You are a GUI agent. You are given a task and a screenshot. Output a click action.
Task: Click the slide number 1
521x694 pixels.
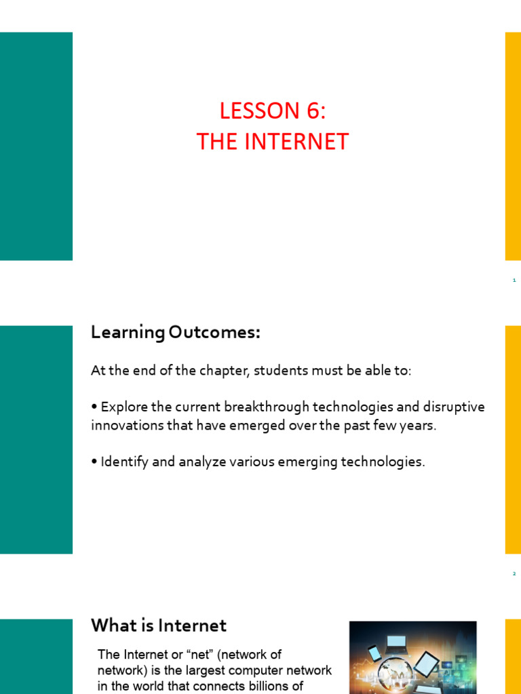click(514, 280)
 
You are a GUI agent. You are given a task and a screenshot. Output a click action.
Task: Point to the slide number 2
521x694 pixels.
click(514, 573)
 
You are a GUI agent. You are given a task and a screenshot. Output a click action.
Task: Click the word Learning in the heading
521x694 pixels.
click(128, 333)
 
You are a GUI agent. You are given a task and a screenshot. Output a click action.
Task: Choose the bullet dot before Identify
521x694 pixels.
click(94, 462)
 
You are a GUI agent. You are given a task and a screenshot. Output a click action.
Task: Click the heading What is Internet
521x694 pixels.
click(159, 625)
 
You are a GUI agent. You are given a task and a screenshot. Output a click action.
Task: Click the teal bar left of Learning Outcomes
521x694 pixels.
click(36, 439)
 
